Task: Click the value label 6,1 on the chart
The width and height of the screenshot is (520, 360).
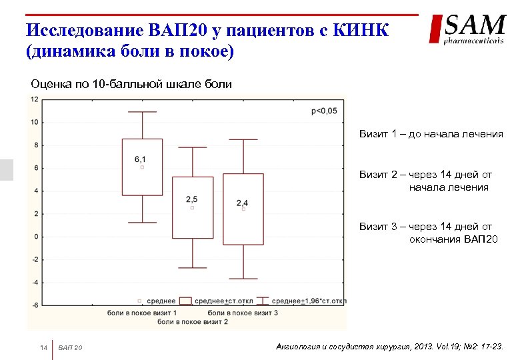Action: tap(140, 159)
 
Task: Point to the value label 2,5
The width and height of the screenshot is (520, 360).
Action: tap(192, 199)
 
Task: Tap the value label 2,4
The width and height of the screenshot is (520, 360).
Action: tap(242, 203)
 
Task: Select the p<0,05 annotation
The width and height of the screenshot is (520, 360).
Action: tap(324, 111)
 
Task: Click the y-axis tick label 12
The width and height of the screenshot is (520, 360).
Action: tap(34, 99)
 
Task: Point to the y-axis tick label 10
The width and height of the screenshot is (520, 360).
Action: tap(34, 122)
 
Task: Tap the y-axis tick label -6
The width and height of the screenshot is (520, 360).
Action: tap(34, 305)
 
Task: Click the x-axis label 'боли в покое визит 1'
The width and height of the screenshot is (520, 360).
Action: tap(142, 313)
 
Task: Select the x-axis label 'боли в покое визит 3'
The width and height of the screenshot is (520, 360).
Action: tap(243, 313)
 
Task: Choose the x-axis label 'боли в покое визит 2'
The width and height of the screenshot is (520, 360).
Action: tap(193, 322)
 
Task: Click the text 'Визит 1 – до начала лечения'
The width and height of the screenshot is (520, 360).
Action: tap(431, 134)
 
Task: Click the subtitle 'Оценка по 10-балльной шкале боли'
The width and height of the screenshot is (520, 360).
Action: tap(131, 84)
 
